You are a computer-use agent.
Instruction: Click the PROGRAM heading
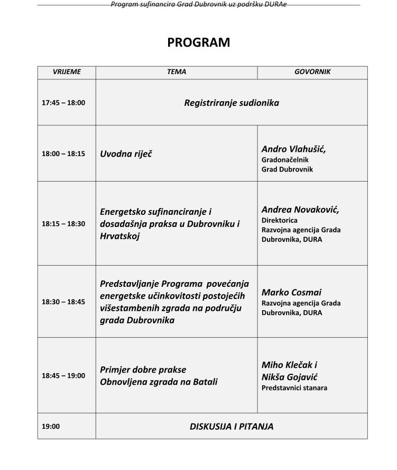[198, 42]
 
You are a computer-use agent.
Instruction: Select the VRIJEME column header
[67, 72]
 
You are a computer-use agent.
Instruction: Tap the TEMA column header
[177, 72]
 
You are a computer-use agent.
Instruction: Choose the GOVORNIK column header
[312, 72]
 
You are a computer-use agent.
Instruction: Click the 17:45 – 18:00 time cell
[63, 103]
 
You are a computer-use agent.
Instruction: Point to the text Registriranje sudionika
[232, 103]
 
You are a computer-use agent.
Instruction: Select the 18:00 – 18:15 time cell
[63, 154]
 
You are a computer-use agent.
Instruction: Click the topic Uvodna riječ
[126, 154]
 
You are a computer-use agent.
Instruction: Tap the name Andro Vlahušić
[293, 149]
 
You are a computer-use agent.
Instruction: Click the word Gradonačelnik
[285, 159]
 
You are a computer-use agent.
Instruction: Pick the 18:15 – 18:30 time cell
[63, 224]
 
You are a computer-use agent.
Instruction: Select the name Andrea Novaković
[300, 210]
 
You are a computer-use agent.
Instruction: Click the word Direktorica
[280, 220]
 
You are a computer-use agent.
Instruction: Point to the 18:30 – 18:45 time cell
[63, 302]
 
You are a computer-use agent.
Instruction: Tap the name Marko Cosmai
[291, 292]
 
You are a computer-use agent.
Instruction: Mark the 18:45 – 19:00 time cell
[63, 376]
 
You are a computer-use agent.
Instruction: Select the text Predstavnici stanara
[294, 388]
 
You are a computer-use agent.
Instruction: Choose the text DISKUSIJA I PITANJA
[232, 426]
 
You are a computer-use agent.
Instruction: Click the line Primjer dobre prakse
[143, 369]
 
